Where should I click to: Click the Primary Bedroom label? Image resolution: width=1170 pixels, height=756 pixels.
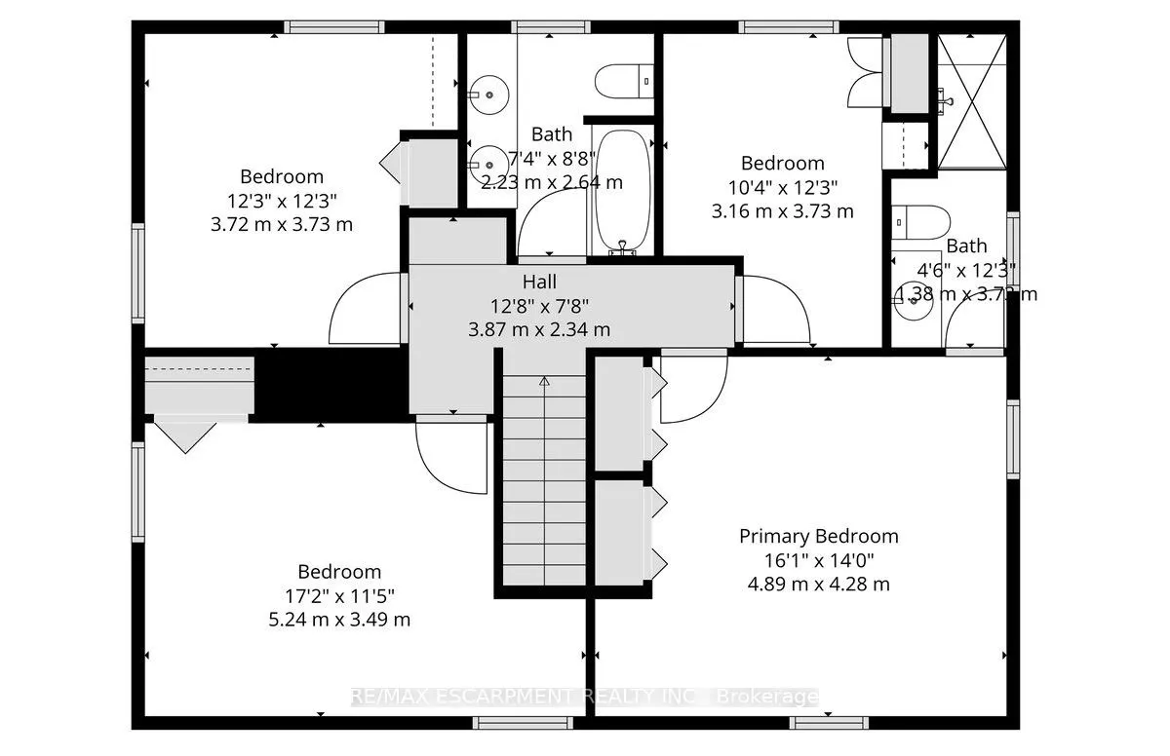pyautogui.click(x=818, y=536)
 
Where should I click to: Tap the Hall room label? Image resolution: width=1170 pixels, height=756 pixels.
pyautogui.click(x=539, y=282)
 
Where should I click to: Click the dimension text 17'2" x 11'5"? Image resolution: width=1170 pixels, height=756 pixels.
pyautogui.click(x=339, y=595)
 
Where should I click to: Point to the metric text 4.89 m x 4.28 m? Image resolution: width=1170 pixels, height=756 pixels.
pyautogui.click(x=818, y=585)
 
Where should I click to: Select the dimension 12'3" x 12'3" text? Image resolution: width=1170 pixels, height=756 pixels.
pyautogui.click(x=282, y=201)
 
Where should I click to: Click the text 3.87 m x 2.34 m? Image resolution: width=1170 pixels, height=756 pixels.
pyautogui.click(x=539, y=329)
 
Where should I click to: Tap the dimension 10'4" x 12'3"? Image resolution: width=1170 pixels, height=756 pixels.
pyautogui.click(x=782, y=187)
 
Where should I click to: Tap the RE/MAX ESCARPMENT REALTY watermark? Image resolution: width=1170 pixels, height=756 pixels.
pyautogui.click(x=585, y=697)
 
